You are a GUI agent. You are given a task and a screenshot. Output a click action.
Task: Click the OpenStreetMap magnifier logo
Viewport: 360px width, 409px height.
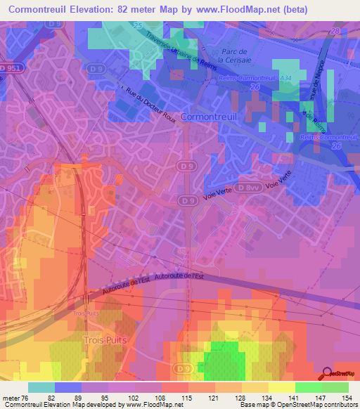pos(326,374)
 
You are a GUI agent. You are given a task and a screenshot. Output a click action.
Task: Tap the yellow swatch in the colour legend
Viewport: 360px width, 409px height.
pos(281,388)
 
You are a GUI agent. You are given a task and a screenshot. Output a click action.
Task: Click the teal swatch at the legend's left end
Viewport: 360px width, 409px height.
pos(41,388)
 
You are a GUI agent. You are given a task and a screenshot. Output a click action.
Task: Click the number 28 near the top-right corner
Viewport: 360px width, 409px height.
pos(340,32)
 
